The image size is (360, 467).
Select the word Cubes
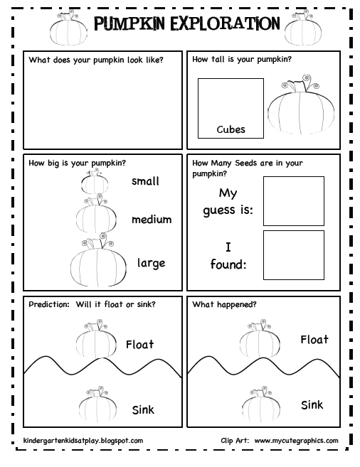(231, 129)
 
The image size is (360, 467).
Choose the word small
(145, 181)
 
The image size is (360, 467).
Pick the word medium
(151, 219)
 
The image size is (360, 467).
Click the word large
(151, 263)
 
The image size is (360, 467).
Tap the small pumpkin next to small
(95, 183)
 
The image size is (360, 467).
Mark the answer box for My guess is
(293, 200)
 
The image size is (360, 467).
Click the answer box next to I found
(293, 253)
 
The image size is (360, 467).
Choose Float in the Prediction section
(139, 345)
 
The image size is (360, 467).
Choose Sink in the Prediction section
(143, 409)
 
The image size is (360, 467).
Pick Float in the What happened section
(314, 340)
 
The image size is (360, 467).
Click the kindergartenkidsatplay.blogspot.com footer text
(83, 441)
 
